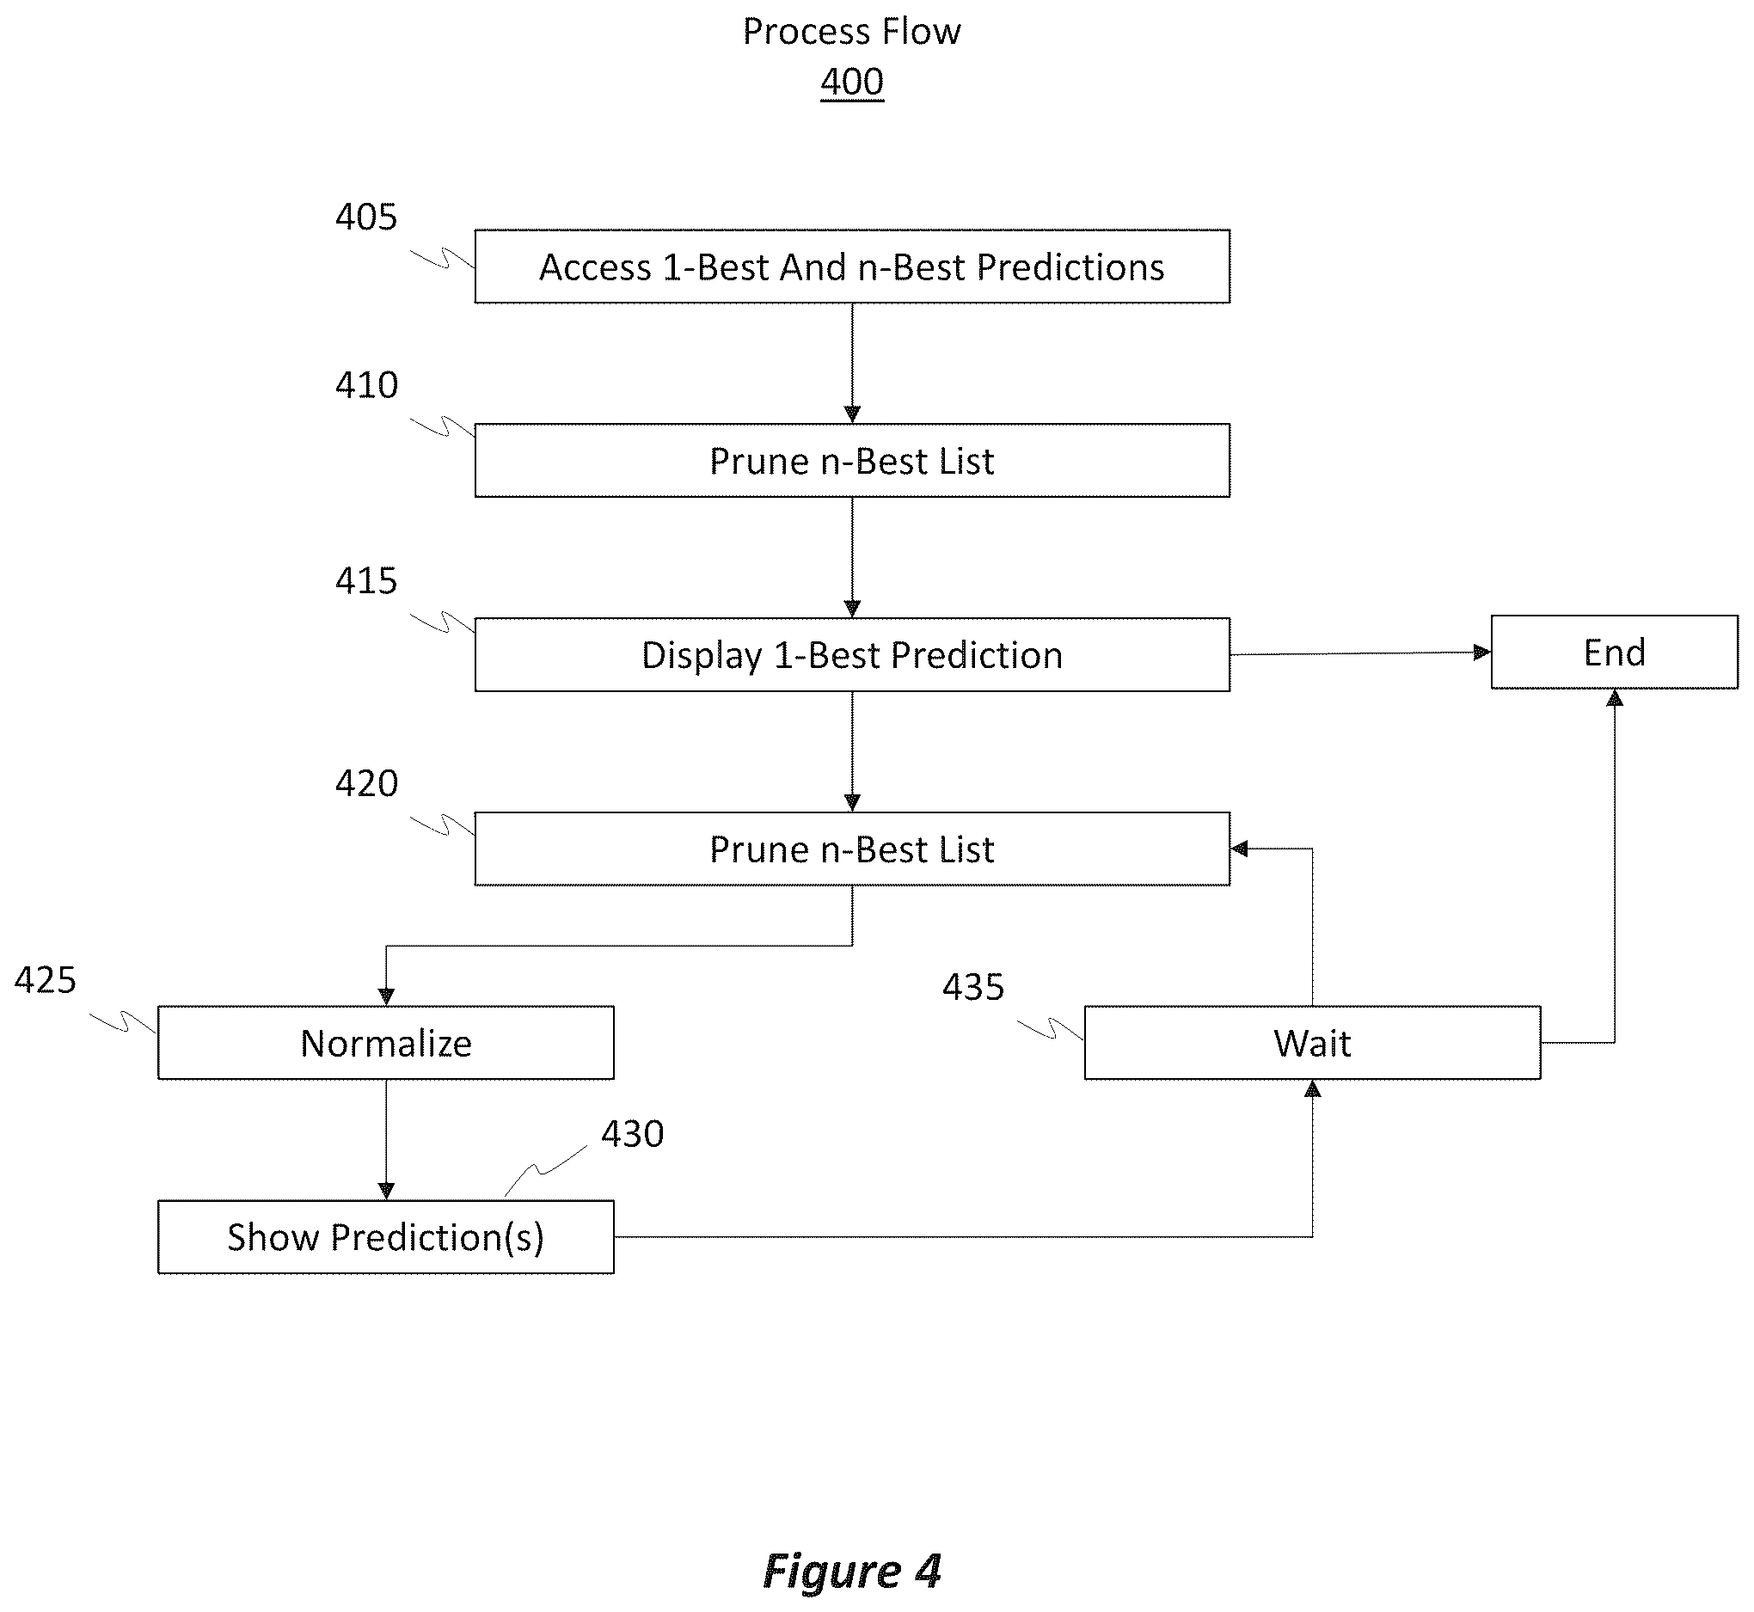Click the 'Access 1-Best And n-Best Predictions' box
pos(852,266)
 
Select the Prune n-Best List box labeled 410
pos(852,461)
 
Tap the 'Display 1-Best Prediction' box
pos(852,655)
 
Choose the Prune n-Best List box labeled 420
pos(852,849)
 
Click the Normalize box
pos(385,1043)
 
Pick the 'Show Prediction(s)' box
pos(385,1237)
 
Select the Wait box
pos(1313,1043)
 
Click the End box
pos(1615,653)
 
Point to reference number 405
pos(366,217)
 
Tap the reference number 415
pos(366,581)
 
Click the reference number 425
pos(46,980)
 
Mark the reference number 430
pos(632,1134)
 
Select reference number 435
pos(973,988)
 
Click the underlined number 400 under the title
pos(852,82)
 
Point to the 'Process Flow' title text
pos(852,33)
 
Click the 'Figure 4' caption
pos(852,1571)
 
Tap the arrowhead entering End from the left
pos(1483,653)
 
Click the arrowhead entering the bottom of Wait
pos(1313,1088)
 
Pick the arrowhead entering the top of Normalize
pos(386,997)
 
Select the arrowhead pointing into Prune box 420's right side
pos(1239,849)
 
